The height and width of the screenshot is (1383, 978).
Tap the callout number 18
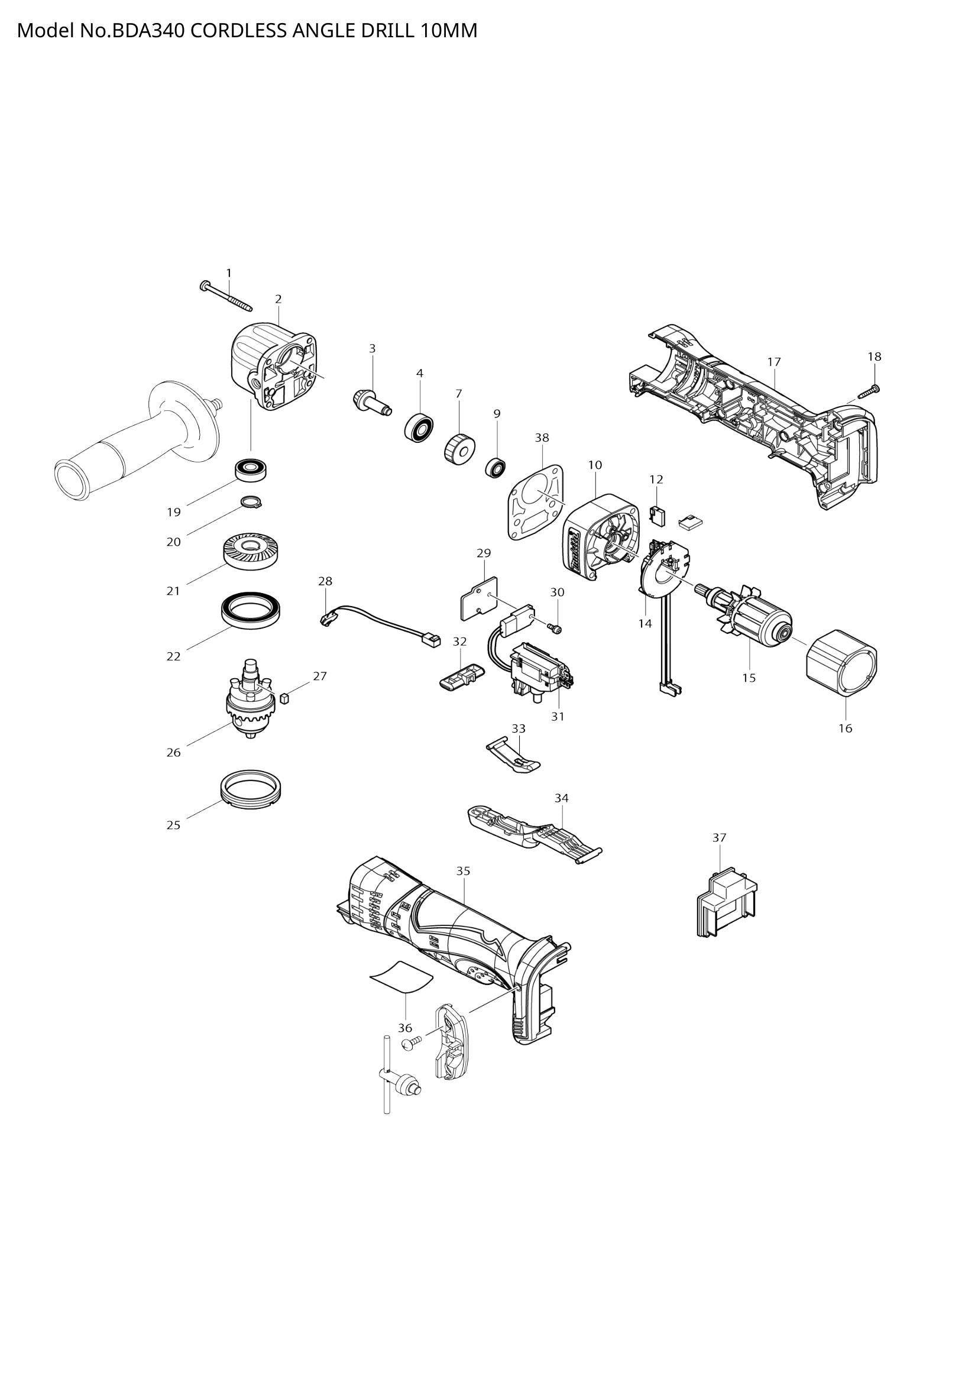[874, 357]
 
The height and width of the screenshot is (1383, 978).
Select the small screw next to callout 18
[868, 391]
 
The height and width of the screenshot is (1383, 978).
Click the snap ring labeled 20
[251, 501]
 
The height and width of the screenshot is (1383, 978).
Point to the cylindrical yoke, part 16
[841, 664]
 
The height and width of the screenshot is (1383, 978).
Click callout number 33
[519, 728]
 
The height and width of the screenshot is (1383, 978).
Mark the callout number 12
[656, 480]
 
